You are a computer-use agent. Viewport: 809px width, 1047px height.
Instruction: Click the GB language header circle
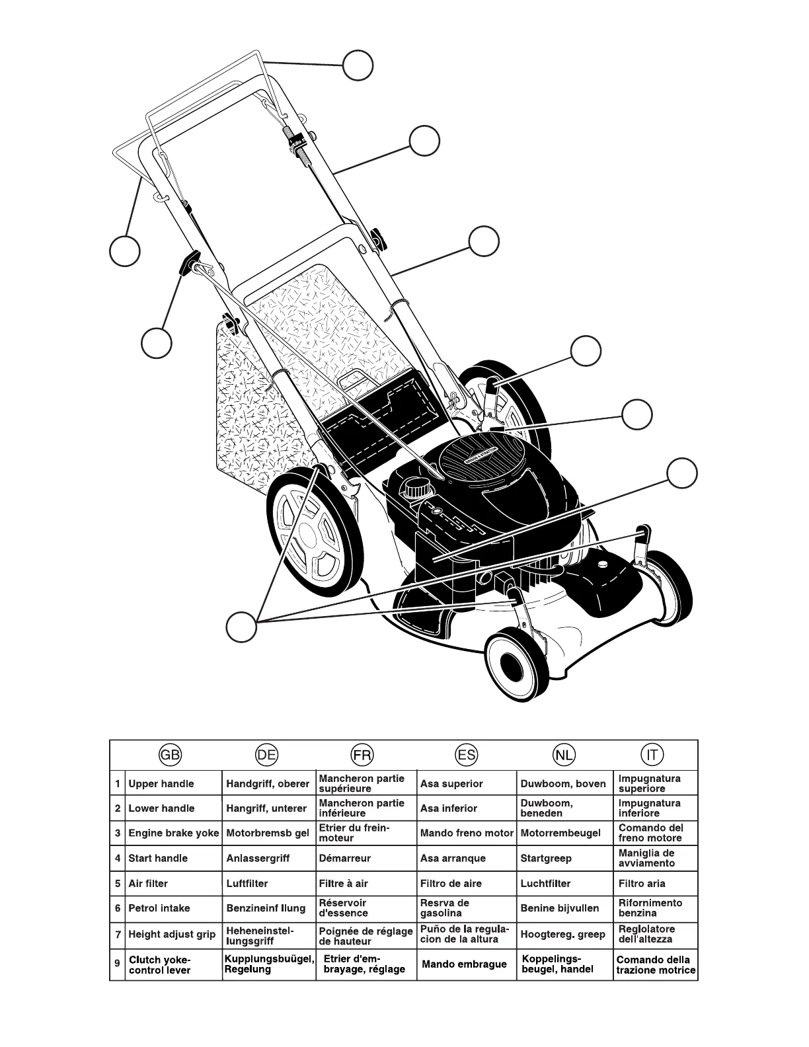(170, 755)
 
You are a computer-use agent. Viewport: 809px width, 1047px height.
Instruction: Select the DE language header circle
(266, 755)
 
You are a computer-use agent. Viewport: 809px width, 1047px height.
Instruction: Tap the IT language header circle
(652, 755)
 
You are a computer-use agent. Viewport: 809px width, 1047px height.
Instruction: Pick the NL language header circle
(564, 755)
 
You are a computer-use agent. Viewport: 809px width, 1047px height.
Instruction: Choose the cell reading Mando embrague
(464, 964)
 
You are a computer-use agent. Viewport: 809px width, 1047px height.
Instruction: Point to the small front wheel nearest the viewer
(516, 662)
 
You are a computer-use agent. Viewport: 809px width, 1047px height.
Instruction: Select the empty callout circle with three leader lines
(241, 626)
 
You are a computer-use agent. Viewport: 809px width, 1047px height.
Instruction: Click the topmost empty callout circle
(358, 65)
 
